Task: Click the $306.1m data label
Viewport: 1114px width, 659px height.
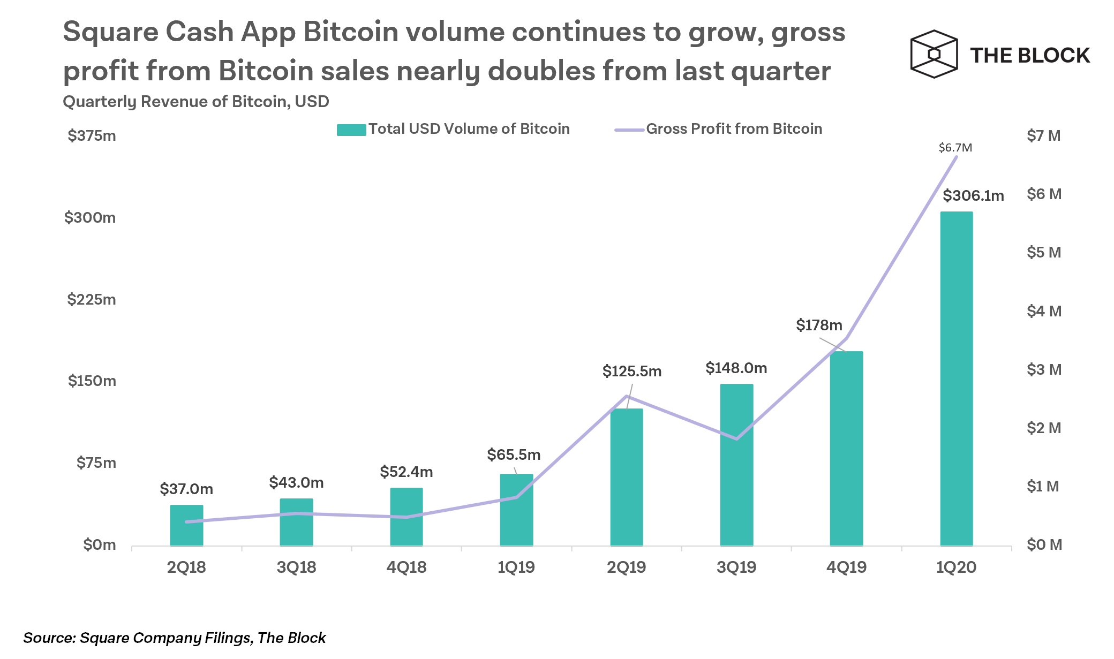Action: [x=973, y=195]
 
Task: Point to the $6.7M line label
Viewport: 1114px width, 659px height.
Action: [x=955, y=147]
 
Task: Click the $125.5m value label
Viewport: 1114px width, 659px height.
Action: [x=632, y=371]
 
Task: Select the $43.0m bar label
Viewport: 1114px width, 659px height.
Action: [x=296, y=482]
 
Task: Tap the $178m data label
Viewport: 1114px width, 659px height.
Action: [x=819, y=325]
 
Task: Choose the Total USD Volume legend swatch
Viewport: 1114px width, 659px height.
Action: [x=351, y=130]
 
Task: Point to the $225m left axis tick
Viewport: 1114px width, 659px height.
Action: [x=92, y=299]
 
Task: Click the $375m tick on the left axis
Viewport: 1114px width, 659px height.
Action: [x=92, y=135]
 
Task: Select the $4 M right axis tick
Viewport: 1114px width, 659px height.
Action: [x=1044, y=311]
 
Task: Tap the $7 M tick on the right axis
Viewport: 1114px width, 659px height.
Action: [x=1044, y=135]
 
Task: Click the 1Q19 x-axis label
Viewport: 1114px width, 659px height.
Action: [x=516, y=567]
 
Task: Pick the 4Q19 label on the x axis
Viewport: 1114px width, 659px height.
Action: [x=846, y=567]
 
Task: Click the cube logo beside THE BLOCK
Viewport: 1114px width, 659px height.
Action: [x=934, y=54]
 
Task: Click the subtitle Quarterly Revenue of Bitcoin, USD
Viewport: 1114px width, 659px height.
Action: [x=196, y=101]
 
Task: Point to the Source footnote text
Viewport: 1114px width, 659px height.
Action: [x=175, y=638]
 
